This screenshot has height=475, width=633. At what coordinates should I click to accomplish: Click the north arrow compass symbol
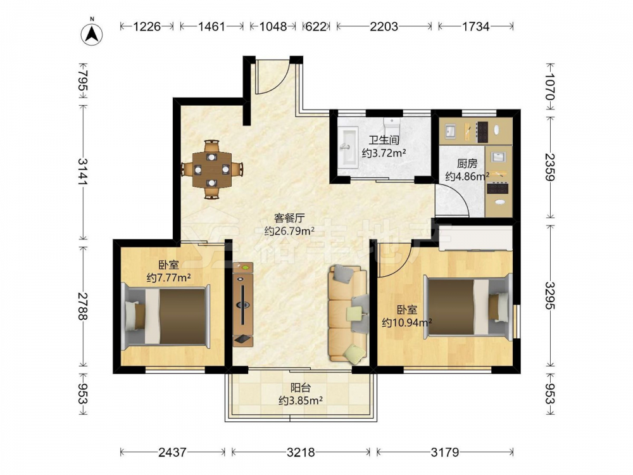click(92, 34)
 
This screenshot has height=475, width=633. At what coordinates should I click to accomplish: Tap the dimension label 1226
click(147, 27)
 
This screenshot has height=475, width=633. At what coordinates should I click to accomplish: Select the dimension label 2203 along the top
click(384, 27)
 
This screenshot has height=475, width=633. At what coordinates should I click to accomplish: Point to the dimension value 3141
click(84, 172)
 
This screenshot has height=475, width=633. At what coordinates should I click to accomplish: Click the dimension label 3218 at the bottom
click(301, 452)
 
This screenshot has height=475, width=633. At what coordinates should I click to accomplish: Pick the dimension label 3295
click(549, 295)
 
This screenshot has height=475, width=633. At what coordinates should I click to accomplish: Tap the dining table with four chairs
click(212, 169)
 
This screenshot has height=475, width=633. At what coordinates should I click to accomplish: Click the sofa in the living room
click(349, 313)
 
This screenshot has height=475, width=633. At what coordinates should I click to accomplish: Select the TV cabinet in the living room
click(243, 305)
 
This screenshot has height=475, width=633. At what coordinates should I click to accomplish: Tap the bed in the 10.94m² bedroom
click(468, 307)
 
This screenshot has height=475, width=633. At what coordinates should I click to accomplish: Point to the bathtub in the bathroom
click(348, 146)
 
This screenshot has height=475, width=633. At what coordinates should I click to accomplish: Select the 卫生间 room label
click(384, 140)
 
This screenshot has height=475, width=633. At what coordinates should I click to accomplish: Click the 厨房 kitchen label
click(467, 163)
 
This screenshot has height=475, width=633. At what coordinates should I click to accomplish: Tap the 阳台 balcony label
click(301, 388)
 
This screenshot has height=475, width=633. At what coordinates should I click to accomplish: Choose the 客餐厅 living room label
click(289, 218)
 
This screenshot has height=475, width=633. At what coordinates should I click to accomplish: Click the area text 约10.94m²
click(407, 322)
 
